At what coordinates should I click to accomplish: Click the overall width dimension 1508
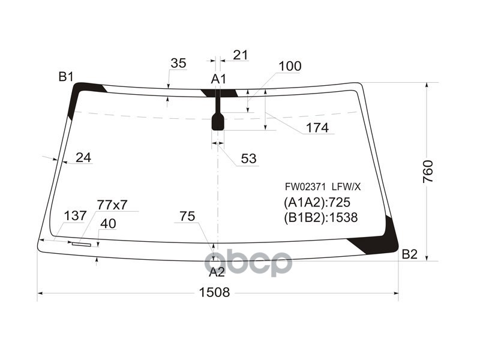tap(214, 292)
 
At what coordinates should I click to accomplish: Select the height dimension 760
tap(427, 172)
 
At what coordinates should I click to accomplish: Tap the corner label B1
tap(65, 76)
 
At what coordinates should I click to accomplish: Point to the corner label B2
tap(409, 254)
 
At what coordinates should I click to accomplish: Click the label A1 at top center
tap(218, 79)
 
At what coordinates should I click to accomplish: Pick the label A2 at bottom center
tap(217, 272)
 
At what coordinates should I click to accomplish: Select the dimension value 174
tap(317, 128)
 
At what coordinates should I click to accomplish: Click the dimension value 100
tap(290, 67)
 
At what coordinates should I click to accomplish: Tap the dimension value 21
tap(240, 55)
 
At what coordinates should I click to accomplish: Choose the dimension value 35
tap(178, 63)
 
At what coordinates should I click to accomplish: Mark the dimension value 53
tap(248, 158)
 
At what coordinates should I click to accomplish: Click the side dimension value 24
tap(83, 157)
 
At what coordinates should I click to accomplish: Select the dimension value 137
tap(75, 216)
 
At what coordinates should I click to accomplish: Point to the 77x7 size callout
tap(112, 205)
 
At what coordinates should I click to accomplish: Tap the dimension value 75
tap(187, 217)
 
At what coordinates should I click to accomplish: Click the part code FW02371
tap(305, 187)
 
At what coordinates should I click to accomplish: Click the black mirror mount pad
tap(218, 122)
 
